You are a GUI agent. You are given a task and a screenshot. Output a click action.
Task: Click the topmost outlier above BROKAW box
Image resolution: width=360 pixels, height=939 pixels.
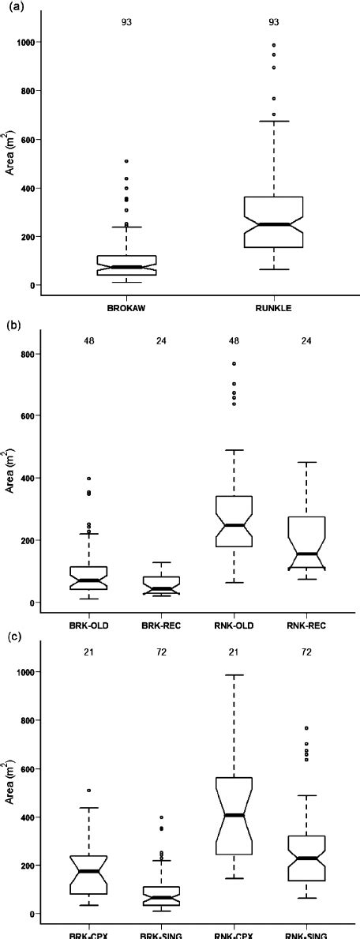point(126,161)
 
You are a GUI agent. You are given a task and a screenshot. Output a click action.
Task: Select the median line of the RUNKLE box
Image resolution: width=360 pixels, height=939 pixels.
point(273,224)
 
